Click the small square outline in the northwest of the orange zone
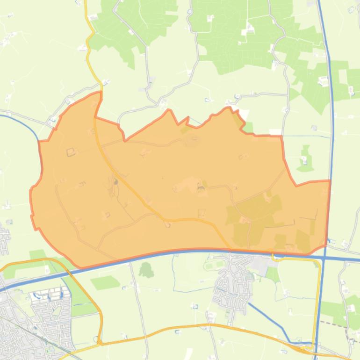pyautogui.click(x=71, y=152)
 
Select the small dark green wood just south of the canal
pyautogui.click(x=146, y=270)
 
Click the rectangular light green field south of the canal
pyautogui.click(x=105, y=282)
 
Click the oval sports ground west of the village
pyautogui.click(x=211, y=266)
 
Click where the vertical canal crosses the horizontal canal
pyautogui.click(x=325, y=257)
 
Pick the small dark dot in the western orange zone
pyautogui.click(x=116, y=181)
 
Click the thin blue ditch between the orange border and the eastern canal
pyautogui.click(x=306, y=136)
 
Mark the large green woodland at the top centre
pyautogui.click(x=234, y=33)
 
